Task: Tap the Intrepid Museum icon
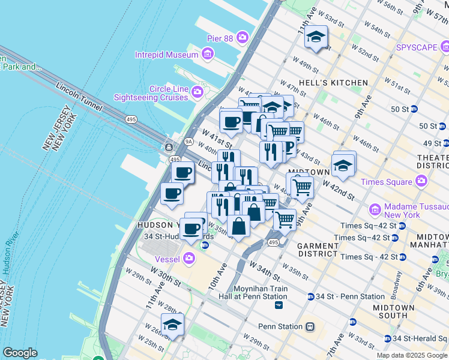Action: click(208, 55)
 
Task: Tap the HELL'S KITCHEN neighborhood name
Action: click(338, 83)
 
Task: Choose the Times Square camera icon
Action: click(421, 181)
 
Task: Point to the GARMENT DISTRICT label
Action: click(318, 250)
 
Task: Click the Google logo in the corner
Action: click(20, 353)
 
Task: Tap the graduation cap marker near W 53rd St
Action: click(316, 38)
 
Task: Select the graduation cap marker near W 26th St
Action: click(172, 325)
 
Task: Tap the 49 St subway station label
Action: click(431, 143)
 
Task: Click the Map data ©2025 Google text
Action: click(411, 355)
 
